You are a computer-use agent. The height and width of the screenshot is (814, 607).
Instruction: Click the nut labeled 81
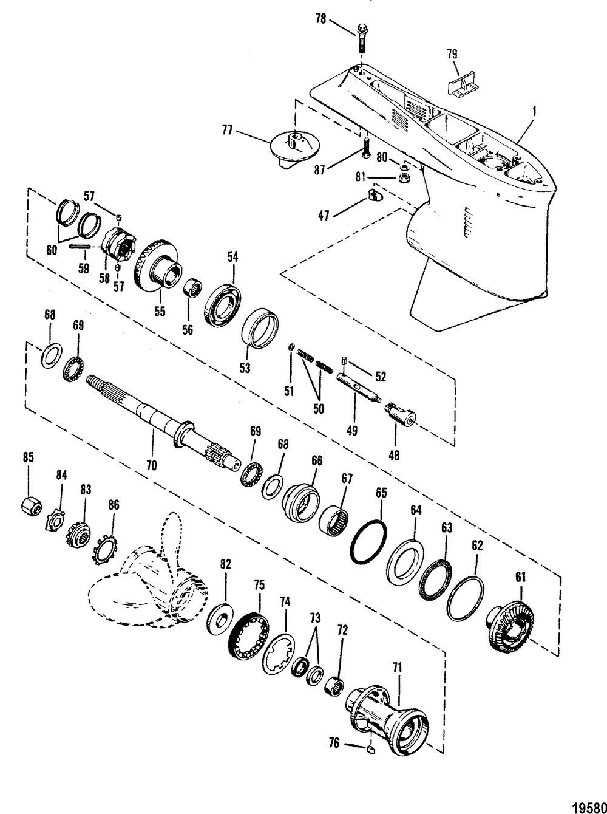[402, 179]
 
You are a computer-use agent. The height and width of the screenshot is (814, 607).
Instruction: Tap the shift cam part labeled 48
[401, 416]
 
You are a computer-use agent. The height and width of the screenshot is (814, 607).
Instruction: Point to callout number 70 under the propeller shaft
[151, 465]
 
